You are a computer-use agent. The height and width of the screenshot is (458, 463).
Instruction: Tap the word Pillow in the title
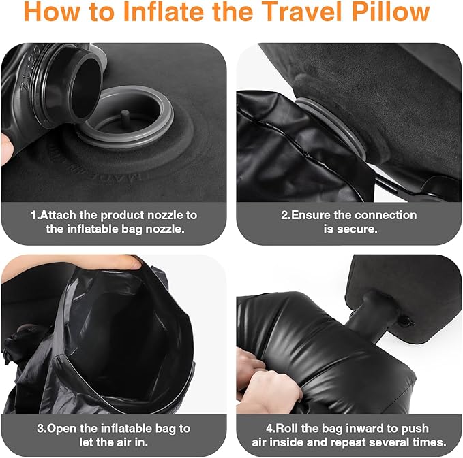click(389, 14)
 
